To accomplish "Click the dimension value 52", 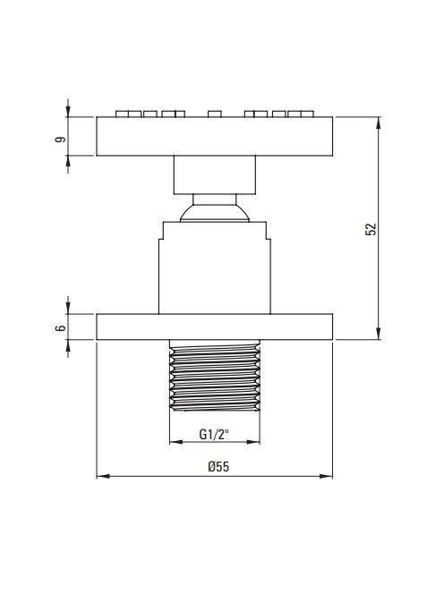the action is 371,230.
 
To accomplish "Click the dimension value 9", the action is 60,140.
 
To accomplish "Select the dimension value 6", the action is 60,328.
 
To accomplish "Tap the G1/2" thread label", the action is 215,434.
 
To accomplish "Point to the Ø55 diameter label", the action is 218,466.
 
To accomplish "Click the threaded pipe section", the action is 215,376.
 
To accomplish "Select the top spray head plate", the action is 215,136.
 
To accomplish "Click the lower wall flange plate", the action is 215,327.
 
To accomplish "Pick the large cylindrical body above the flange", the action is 215,267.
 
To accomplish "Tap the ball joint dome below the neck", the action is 215,213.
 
